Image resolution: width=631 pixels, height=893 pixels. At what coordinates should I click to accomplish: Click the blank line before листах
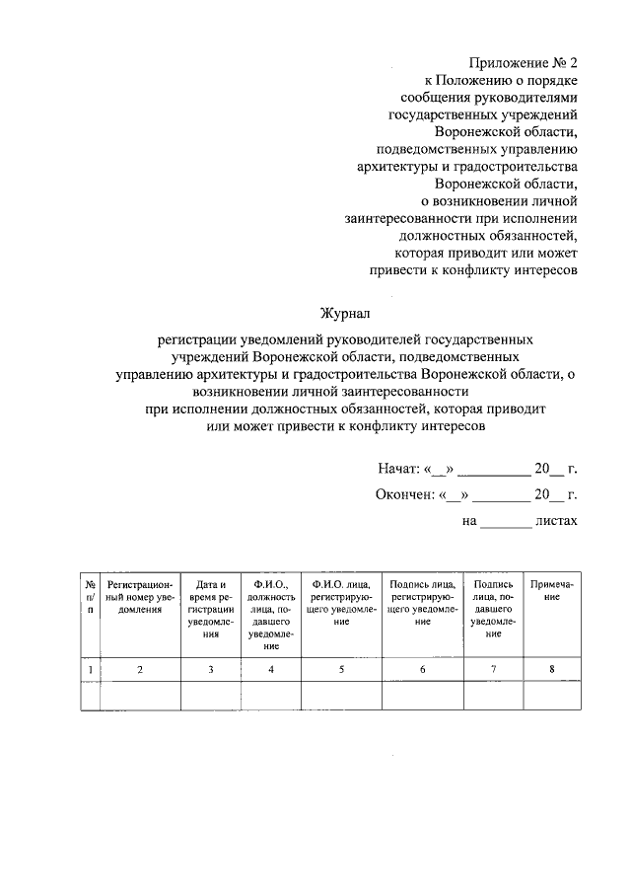(506, 524)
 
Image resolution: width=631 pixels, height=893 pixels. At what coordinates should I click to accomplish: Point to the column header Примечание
(551, 591)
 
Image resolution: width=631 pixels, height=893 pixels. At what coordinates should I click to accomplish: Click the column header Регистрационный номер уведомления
(139, 598)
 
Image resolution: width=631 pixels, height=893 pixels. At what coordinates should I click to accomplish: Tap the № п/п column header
(91, 598)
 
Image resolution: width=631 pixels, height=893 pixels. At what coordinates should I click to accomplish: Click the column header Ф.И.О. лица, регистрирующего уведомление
(341, 603)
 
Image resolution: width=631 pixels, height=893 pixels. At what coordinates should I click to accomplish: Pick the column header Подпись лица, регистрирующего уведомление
(422, 603)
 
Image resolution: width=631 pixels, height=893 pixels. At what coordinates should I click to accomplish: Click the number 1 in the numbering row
(91, 670)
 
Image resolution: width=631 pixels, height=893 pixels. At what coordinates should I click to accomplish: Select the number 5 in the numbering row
(341, 670)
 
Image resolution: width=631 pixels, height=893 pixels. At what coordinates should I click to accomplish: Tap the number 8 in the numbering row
(552, 670)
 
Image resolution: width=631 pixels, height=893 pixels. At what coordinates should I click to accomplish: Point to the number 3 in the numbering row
(211, 670)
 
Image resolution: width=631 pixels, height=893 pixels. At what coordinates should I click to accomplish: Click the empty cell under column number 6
(422, 697)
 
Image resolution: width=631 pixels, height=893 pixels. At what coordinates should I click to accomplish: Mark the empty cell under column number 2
(139, 697)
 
